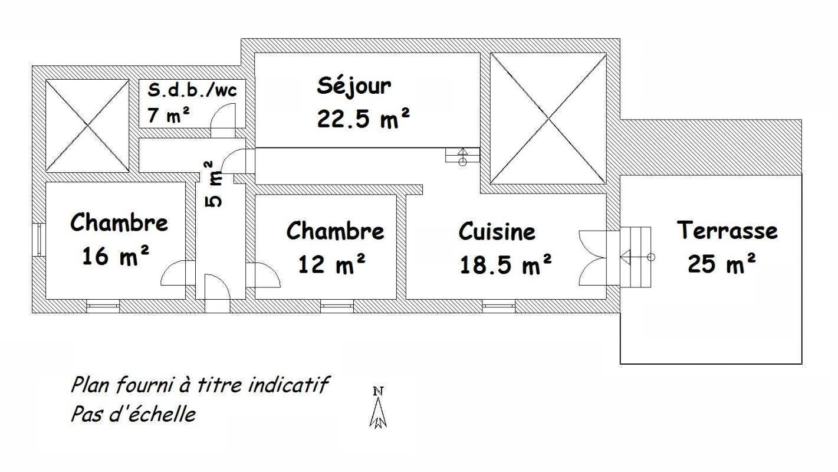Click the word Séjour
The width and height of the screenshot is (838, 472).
(x=354, y=87)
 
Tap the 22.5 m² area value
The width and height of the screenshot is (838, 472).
(x=363, y=118)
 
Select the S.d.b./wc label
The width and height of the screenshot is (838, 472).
(x=192, y=90)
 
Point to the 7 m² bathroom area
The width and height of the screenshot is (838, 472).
(x=169, y=114)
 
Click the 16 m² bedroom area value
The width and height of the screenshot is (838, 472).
(x=116, y=255)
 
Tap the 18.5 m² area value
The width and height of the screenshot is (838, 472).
(x=506, y=264)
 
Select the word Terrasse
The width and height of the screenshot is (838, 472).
(x=727, y=230)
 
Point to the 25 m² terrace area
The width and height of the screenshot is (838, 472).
(x=722, y=263)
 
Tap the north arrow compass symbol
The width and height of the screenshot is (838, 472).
(x=378, y=408)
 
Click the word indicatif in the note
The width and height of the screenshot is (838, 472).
(x=288, y=385)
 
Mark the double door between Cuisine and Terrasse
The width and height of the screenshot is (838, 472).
(x=593, y=258)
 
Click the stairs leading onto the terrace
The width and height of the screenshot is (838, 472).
(x=635, y=257)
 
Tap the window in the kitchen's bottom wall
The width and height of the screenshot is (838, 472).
(x=498, y=306)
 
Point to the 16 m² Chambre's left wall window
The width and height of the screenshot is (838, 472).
(x=39, y=240)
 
